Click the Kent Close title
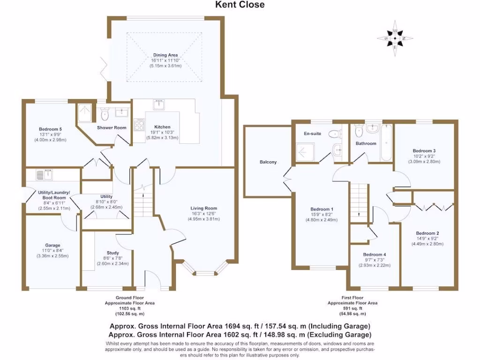(x=240, y=5)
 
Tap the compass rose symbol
(x=395, y=36)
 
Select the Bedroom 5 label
(x=50, y=129)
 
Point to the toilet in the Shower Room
(x=105, y=114)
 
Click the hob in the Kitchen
(x=139, y=124)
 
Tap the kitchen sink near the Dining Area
(x=157, y=105)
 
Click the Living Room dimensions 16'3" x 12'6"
(x=203, y=214)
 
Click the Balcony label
(x=268, y=162)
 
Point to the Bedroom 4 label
(x=375, y=254)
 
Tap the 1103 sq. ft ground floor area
(x=129, y=308)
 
